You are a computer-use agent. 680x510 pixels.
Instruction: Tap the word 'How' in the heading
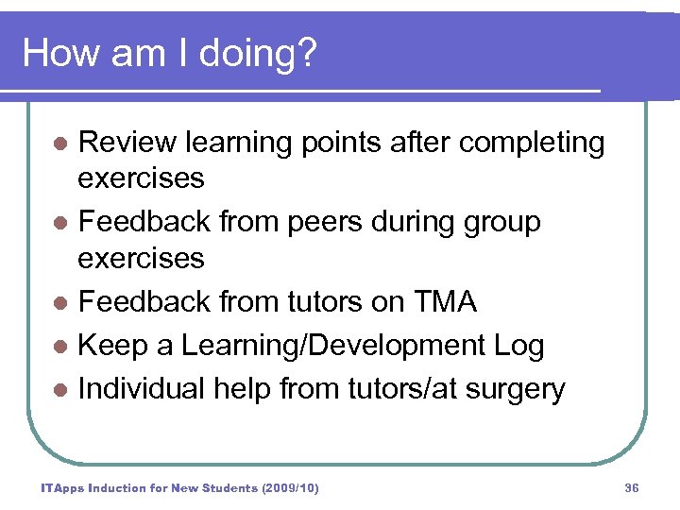(x=57, y=53)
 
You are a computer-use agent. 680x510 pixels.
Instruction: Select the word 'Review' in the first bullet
(x=127, y=143)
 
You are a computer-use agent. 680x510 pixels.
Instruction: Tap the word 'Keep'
(x=110, y=346)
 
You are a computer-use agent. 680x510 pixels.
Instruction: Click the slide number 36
(x=632, y=487)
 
